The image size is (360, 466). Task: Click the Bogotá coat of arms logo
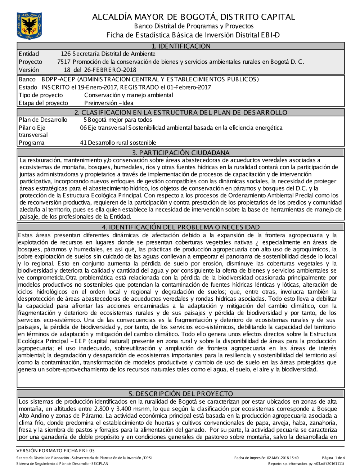pyautogui.click(x=29, y=26)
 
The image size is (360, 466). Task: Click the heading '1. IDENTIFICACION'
pyautogui.click(x=181, y=46)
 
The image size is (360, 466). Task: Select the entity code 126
pyautogui.click(x=66, y=54)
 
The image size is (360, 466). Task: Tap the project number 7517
pyautogui.click(x=63, y=62)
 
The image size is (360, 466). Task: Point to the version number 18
pyautogui.click(x=67, y=70)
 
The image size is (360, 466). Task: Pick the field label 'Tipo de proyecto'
pyautogui.click(x=41, y=95)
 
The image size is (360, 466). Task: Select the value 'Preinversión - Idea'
pyautogui.click(x=109, y=103)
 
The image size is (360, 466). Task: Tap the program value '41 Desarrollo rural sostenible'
pyautogui.click(x=118, y=143)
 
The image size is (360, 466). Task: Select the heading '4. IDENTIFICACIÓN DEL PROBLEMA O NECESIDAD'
pyautogui.click(x=181, y=227)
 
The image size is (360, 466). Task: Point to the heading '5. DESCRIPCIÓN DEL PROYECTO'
pyautogui.click(x=181, y=394)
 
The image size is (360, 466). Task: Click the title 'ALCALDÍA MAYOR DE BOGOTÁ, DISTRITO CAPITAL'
pyautogui.click(x=194, y=17)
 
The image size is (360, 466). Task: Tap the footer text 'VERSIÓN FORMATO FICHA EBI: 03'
pyautogui.click(x=55, y=451)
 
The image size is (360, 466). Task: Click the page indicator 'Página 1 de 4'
pyautogui.click(x=333, y=458)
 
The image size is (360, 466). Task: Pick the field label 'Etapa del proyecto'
pyautogui.click(x=43, y=103)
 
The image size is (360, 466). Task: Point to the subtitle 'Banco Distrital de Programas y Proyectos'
pyautogui.click(x=194, y=26)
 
